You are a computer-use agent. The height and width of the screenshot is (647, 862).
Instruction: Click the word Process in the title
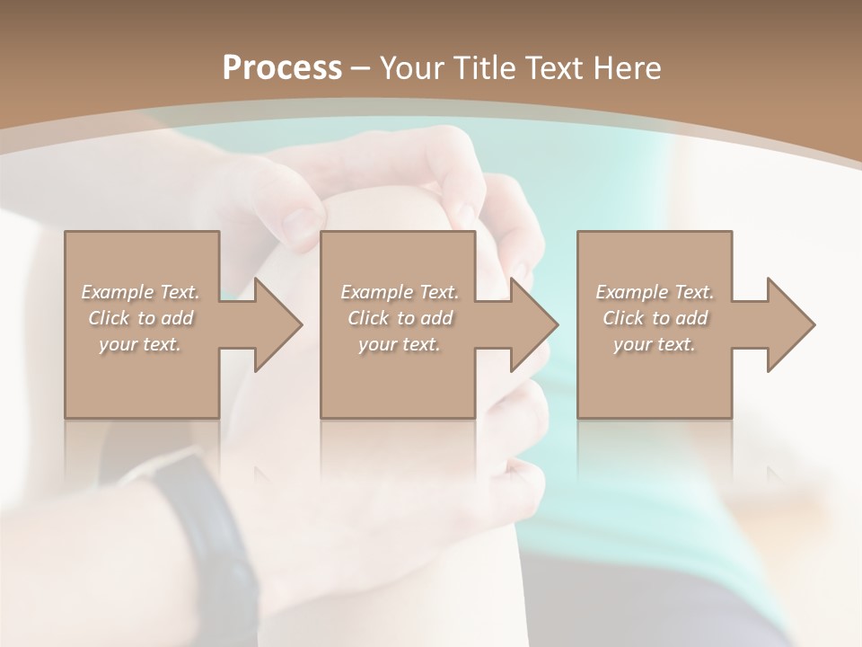[282, 68]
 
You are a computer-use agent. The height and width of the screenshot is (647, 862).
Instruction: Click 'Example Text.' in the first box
[140, 292]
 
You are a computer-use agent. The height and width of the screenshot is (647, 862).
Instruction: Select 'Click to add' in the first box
[140, 318]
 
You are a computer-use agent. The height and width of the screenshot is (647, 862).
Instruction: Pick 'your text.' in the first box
[140, 344]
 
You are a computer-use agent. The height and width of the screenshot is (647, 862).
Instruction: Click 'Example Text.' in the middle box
[399, 292]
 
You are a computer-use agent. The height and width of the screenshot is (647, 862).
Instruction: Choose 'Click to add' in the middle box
[399, 318]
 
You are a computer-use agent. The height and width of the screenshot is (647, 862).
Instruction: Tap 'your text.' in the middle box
[399, 344]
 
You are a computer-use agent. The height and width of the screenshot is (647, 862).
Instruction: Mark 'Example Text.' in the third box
[655, 292]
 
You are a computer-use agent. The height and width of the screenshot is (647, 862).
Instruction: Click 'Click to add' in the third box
[655, 318]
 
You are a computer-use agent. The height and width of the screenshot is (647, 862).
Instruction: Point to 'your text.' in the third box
[655, 344]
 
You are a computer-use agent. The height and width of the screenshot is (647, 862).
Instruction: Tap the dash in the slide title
[360, 69]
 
